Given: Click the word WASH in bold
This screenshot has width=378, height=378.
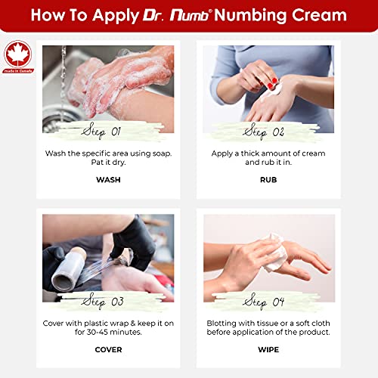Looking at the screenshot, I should tap(108, 180).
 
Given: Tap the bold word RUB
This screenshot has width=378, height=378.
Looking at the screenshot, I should tap(268, 180).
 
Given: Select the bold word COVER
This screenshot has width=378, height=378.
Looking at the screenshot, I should tap(108, 349).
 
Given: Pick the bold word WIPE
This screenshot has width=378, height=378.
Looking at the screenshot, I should tap(268, 349).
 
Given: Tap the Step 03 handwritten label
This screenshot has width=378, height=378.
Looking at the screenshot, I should tap(108, 300).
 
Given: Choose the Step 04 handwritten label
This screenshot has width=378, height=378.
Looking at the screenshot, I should tap(268, 300).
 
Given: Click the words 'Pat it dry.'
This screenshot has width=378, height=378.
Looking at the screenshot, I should tap(108, 165).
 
